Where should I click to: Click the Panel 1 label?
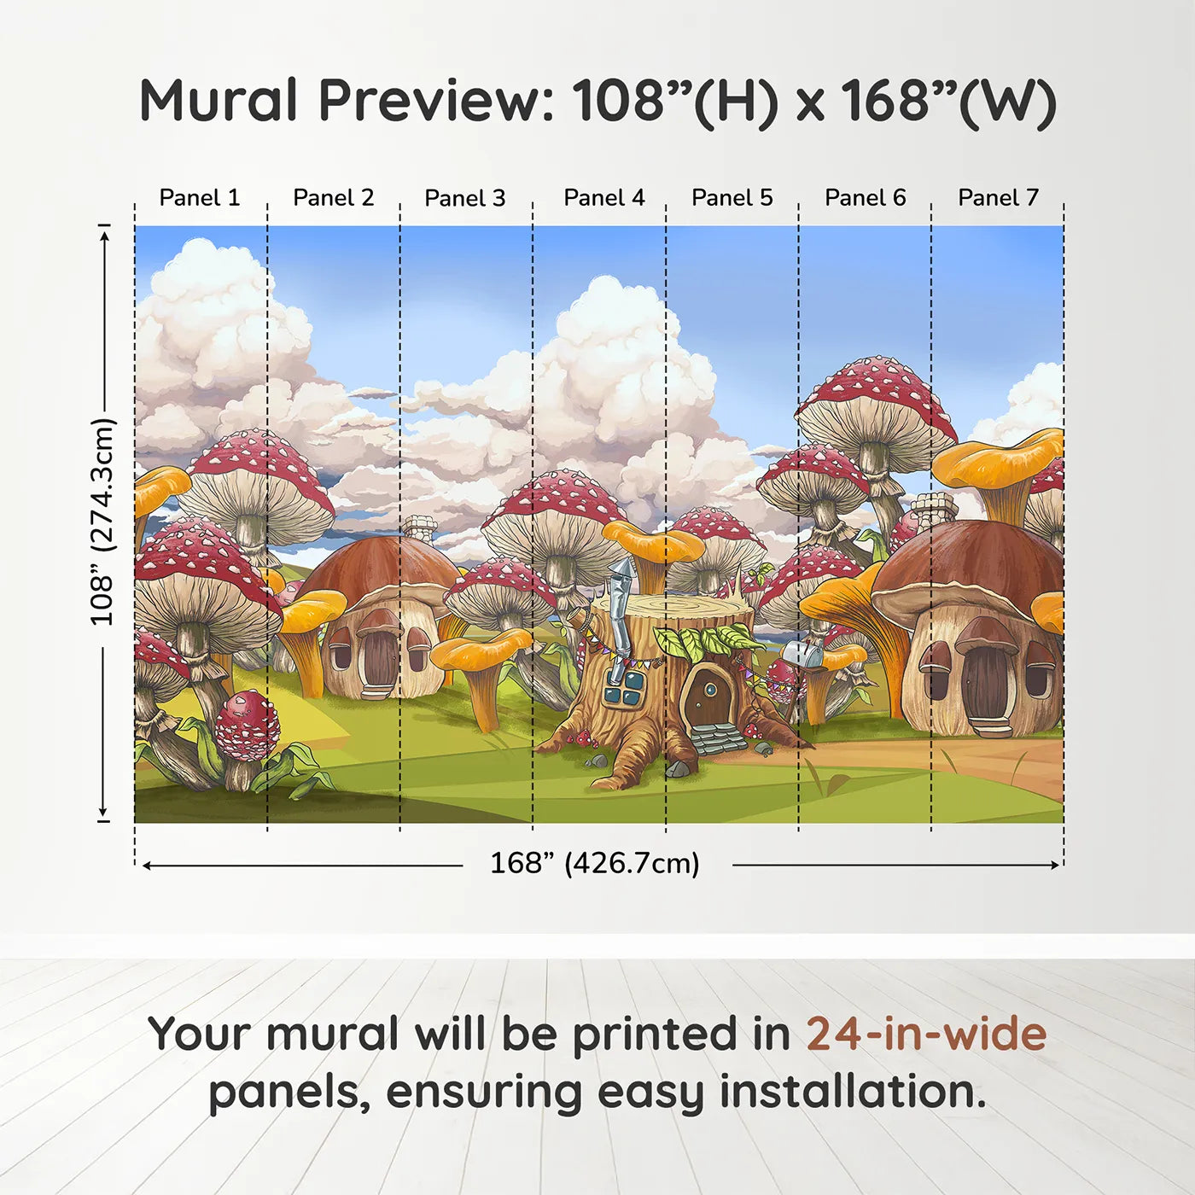200,198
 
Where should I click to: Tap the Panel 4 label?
603,198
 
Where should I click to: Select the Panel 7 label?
998,198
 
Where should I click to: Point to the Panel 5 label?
732,198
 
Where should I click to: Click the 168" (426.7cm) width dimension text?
594,864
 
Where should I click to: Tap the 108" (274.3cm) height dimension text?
102,522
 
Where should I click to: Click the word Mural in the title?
219,101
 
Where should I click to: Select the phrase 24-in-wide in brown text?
926,1035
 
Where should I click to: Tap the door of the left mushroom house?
378,657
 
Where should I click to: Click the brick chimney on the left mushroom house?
419,528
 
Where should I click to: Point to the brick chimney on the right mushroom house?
933,510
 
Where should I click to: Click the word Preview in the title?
436,101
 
